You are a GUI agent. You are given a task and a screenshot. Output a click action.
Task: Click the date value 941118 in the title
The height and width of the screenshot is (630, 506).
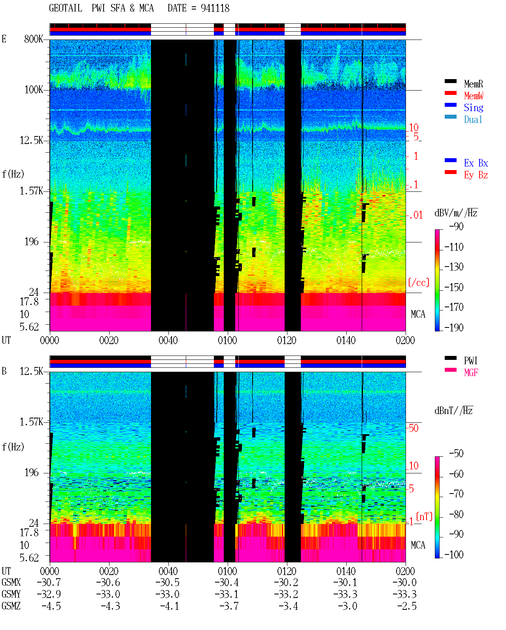pos(215,8)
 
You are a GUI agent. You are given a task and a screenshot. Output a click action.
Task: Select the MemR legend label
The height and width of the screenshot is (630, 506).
pos(474,84)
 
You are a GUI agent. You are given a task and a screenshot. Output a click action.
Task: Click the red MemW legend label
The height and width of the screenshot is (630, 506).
pos(474,96)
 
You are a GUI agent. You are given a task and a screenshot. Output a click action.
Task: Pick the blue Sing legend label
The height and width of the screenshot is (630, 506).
pos(474,108)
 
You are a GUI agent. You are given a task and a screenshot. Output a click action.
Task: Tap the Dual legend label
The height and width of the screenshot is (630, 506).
pos(473,119)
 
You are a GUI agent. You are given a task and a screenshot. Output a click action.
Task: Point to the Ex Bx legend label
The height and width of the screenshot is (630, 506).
pos(476,163)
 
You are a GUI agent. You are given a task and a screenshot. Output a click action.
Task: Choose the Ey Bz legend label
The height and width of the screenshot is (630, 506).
pos(476,175)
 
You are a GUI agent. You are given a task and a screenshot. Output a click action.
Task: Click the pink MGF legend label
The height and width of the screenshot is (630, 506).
pos(471,373)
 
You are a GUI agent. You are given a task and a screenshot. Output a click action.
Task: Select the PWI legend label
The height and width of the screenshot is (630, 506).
pos(471,360)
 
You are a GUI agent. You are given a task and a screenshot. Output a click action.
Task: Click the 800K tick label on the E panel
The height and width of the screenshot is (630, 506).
pos(34,39)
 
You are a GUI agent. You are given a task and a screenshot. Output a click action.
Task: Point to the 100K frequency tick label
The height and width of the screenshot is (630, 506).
pos(34,90)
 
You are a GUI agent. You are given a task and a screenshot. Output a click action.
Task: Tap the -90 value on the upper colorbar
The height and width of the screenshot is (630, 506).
pos(456,226)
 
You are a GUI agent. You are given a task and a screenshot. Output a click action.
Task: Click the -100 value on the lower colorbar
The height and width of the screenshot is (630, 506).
pos(454,554)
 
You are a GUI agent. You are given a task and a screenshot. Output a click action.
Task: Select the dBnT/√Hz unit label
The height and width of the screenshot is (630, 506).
pos(454,411)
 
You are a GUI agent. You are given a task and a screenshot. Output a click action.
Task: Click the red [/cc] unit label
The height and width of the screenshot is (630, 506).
pos(419,282)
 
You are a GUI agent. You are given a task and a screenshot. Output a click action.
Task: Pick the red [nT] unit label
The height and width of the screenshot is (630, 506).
pos(424,516)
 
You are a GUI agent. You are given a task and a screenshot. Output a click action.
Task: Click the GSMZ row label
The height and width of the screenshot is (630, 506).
pos(11,606)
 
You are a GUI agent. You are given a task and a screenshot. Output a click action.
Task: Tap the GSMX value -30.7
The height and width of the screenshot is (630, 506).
pos(49,582)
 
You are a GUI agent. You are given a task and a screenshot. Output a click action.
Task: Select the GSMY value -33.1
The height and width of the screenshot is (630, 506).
pos(227,594)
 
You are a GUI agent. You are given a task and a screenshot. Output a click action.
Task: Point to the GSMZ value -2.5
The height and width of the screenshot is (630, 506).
pos(407,606)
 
